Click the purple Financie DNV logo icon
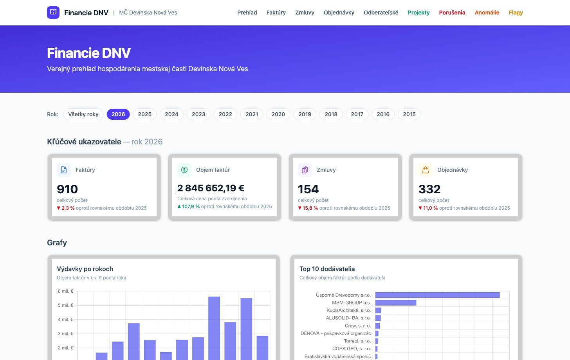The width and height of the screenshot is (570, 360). tap(53, 13)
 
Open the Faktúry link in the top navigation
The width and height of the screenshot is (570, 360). tap(276, 13)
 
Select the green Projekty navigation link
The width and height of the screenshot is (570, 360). tap(418, 13)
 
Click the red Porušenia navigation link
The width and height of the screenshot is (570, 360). tap(452, 13)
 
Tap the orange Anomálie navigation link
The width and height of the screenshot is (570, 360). tap(487, 13)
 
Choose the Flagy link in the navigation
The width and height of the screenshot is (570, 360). tap(516, 13)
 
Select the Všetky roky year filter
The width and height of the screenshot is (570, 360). tap(83, 114)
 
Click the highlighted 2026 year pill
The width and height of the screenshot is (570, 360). tap(118, 114)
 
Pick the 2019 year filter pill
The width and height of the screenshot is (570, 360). tap(305, 114)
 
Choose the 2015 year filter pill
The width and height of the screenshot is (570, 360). tap(409, 114)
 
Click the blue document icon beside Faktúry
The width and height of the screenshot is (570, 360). tap(63, 170)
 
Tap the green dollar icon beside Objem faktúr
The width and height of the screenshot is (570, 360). tap(184, 170)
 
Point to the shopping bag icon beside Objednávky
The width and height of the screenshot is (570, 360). tap(426, 170)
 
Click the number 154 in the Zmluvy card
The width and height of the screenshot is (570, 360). tap(308, 189)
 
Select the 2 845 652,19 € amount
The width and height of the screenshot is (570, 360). tap(211, 188)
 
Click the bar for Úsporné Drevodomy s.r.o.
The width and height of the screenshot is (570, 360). tap(437, 295)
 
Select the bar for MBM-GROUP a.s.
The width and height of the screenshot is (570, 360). tap(396, 303)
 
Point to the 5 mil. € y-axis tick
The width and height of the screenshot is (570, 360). tap(65, 305)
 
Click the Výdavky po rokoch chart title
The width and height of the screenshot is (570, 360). tap(85, 269)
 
